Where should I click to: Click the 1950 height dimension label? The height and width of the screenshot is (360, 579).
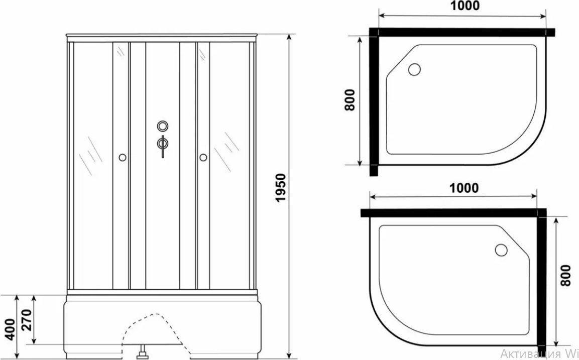[281, 188]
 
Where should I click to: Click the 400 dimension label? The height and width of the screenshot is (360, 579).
[11, 329]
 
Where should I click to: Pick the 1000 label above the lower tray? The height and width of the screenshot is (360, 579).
[464, 188]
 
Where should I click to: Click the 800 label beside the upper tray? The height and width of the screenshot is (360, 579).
[349, 100]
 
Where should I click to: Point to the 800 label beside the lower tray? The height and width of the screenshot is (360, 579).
[565, 275]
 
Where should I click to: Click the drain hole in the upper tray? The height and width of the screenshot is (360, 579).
[415, 69]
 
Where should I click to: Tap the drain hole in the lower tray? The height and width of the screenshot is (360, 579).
[502, 250]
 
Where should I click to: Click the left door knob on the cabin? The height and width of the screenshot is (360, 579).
[122, 158]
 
